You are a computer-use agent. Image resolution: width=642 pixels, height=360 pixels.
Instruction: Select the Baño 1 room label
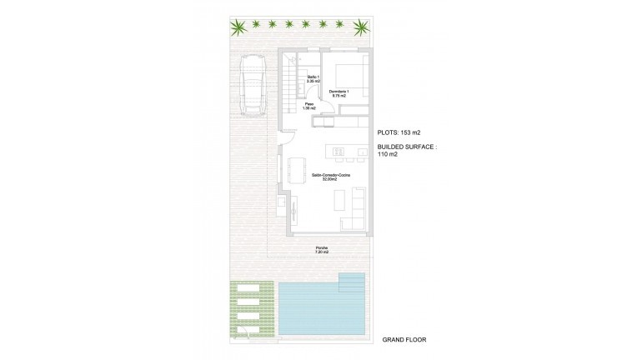click(313, 80)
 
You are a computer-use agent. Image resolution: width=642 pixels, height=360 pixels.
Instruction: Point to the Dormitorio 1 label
click(338, 94)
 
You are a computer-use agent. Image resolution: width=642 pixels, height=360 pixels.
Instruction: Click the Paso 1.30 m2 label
click(308, 107)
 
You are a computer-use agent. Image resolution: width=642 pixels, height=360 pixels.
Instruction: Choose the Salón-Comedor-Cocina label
click(330, 177)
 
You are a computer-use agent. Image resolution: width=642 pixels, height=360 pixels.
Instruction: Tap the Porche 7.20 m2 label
click(321, 250)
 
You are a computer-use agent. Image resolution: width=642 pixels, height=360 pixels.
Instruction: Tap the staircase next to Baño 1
click(289, 83)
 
